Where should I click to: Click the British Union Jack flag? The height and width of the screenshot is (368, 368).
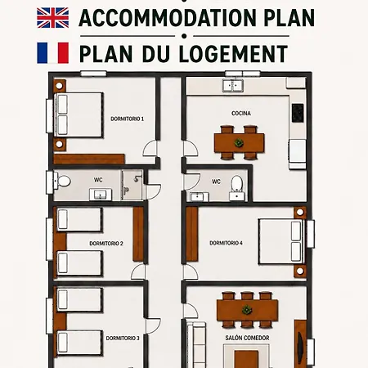point(53,18)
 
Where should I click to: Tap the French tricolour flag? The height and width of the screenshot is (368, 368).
point(53,53)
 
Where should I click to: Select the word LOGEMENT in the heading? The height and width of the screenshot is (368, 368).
point(233,54)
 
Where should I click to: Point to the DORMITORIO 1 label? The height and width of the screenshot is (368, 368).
point(127,119)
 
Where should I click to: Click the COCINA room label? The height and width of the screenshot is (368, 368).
point(241,113)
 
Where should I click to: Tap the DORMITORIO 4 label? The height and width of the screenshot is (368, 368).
point(226,243)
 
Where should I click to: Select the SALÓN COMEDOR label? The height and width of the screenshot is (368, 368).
point(247,338)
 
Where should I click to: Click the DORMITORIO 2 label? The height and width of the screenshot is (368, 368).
point(106,243)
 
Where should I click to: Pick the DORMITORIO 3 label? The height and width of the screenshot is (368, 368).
point(123,338)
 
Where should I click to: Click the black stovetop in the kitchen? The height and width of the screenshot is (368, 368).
point(298,113)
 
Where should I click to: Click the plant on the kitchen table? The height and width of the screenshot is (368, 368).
point(239,142)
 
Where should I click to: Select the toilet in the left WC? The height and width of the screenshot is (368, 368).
point(62,181)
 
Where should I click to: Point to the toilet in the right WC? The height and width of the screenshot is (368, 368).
point(236,183)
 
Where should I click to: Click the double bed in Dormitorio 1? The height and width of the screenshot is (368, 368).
point(79,114)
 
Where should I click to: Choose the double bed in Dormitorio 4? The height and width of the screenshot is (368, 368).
point(281,241)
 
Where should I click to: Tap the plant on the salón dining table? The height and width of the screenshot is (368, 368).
point(247,309)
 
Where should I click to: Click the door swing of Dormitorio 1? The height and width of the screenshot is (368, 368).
point(150,149)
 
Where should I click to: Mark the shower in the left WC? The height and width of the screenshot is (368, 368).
point(132,185)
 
